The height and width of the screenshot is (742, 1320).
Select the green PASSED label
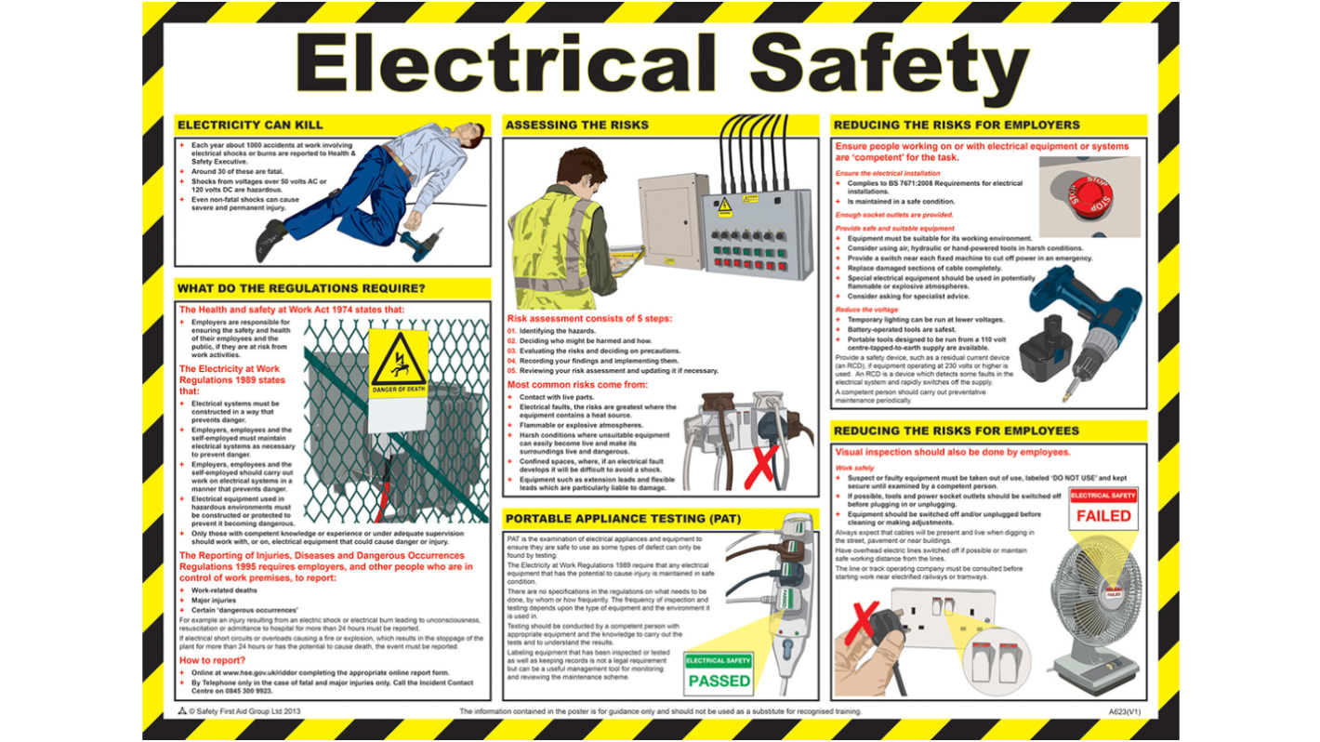[x=719, y=680]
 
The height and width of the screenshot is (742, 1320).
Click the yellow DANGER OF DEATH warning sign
[x=399, y=363]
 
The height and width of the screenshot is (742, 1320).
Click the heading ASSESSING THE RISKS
[x=576, y=125]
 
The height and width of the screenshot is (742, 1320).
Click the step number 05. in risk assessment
[x=511, y=370]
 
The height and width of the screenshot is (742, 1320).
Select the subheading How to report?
[x=212, y=660]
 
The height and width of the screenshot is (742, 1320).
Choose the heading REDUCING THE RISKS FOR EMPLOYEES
[x=957, y=431]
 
